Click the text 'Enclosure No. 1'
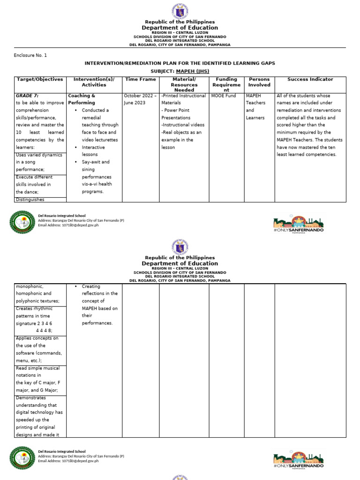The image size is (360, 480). [x=30, y=55]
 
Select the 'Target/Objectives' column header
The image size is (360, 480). [x=40, y=80]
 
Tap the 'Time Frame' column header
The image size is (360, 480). [x=141, y=80]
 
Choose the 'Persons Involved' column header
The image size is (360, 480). [x=259, y=82]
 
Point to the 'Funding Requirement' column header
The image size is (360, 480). [x=226, y=85]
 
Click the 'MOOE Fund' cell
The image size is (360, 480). [x=224, y=96]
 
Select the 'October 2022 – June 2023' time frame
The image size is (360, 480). [x=140, y=99]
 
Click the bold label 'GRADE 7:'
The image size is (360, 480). [x=27, y=96]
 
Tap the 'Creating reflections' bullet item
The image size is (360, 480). [x=99, y=305]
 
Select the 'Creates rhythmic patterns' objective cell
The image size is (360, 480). [x=39, y=319]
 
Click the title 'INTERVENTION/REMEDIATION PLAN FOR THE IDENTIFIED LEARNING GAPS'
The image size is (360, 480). [x=180, y=63]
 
